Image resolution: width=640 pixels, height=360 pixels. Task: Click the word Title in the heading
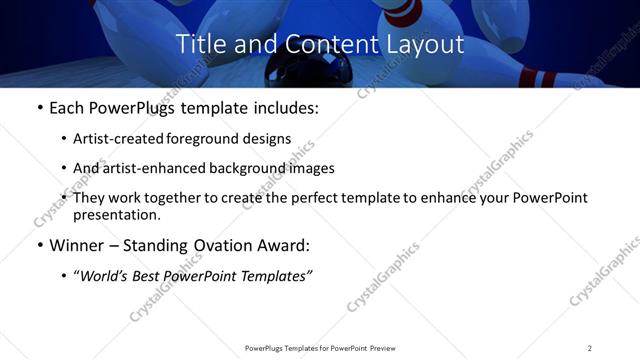coord(199,45)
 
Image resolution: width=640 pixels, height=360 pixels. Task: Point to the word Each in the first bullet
coord(67,108)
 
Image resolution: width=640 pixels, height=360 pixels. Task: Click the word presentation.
coord(117,214)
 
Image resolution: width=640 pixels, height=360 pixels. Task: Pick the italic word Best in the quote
coord(155,276)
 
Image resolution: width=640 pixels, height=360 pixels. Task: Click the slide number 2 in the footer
coord(590,348)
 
